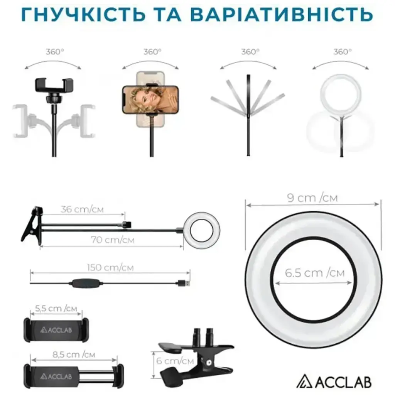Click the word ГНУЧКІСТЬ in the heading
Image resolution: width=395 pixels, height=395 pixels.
pyautogui.click(x=83, y=14)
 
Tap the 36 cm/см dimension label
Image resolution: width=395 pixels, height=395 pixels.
pyautogui.click(x=82, y=209)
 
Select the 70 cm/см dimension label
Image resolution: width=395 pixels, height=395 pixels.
pyautogui.click(x=112, y=240)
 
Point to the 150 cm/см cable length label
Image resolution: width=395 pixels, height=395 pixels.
pyautogui.click(x=110, y=268)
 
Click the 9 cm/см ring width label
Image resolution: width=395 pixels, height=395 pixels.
pyautogui.click(x=312, y=198)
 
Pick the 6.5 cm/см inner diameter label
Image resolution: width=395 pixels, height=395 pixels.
pyautogui.click(x=315, y=273)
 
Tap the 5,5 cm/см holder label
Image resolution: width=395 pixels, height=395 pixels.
pyautogui.click(x=56, y=308)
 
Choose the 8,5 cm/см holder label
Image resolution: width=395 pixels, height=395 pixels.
pyautogui.click(x=74, y=355)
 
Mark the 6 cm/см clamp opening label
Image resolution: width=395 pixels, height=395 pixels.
pyautogui.click(x=175, y=361)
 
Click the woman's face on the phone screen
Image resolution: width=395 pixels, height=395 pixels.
pyautogui.click(x=141, y=99)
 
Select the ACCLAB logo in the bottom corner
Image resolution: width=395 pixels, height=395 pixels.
pyautogui.click(x=334, y=382)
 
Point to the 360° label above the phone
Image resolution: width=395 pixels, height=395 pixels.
pyautogui.click(x=152, y=52)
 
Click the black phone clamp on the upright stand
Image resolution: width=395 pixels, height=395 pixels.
pyautogui.click(x=54, y=85)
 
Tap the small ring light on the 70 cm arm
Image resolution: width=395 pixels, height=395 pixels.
pyautogui.click(x=201, y=231)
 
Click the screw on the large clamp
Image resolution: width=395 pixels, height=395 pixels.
pyautogui.click(x=209, y=363)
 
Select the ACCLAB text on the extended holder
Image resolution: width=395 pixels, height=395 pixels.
pyautogui.click(x=56, y=376)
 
